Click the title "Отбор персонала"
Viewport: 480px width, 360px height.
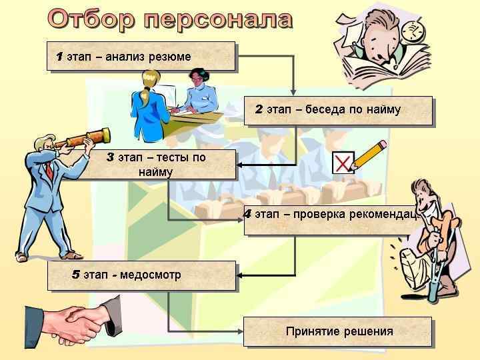(170, 19)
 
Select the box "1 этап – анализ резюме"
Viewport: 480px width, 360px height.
(141, 56)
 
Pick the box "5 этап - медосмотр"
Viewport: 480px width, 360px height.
(141, 275)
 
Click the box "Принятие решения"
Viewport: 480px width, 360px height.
(337, 331)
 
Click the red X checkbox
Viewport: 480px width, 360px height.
(342, 162)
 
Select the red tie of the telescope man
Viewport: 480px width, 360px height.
(49, 169)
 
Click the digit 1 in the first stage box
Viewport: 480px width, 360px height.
(59, 57)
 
